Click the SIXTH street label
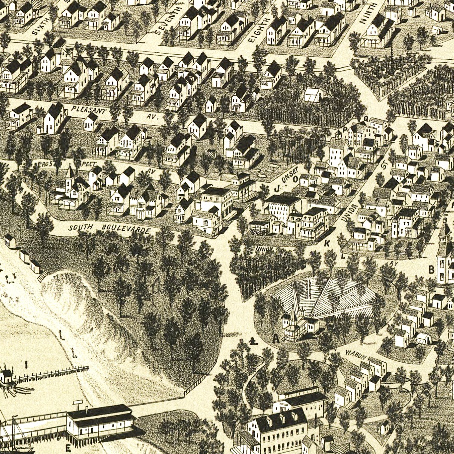click(x=41, y=26)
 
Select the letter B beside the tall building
click(x=431, y=269)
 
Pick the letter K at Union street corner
click(x=327, y=243)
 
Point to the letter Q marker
click(x=365, y=119)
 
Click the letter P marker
click(x=344, y=129)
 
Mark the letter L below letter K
click(x=343, y=256)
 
